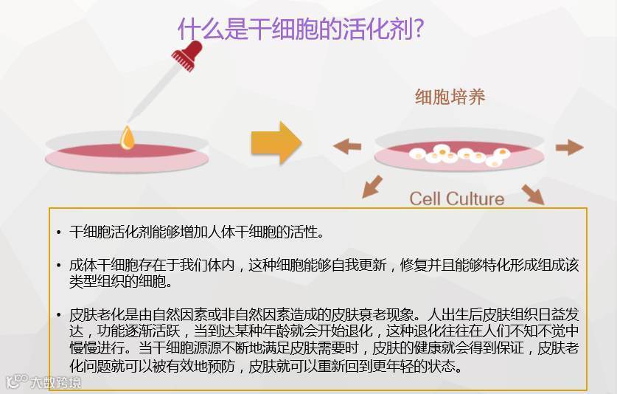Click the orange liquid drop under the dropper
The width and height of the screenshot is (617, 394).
[128, 137]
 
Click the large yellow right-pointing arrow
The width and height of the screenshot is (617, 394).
[276, 142]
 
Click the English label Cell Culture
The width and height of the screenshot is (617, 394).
[457, 198]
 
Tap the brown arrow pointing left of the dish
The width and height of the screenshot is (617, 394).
[347, 146]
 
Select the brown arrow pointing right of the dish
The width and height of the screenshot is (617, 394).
[569, 147]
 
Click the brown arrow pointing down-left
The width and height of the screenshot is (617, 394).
[372, 186]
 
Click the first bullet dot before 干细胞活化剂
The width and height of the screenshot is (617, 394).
[59, 233]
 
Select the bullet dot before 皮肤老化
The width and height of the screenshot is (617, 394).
[59, 315]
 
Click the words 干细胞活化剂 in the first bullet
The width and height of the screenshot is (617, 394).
[102, 232]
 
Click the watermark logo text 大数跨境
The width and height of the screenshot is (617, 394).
[55, 382]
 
